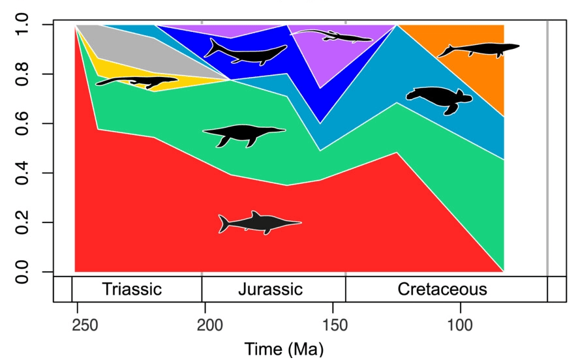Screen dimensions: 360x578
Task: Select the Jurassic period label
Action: (x=270, y=289)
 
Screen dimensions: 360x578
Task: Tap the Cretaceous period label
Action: (x=442, y=289)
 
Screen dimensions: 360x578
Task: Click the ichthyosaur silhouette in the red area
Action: (x=259, y=223)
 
